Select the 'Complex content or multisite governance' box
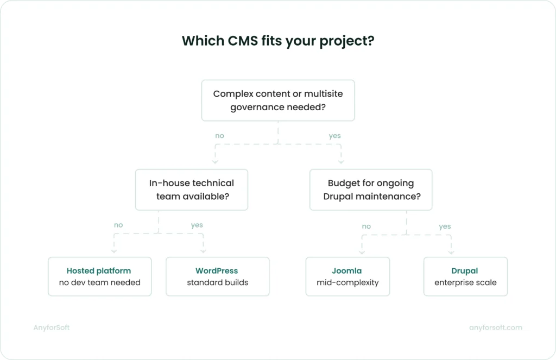click(x=277, y=100)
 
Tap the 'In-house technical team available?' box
click(x=191, y=190)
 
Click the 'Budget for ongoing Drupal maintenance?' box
click(x=371, y=190)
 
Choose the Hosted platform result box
click(x=99, y=276)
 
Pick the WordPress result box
click(x=217, y=276)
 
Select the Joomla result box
click(x=347, y=276)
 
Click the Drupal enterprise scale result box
click(x=465, y=276)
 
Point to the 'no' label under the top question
click(x=219, y=136)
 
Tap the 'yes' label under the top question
click(x=334, y=136)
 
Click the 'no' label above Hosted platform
click(x=118, y=224)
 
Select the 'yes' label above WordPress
click(x=197, y=224)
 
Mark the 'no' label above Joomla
click(x=367, y=226)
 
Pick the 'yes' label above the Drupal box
click(x=445, y=226)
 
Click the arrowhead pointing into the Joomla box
click(x=361, y=251)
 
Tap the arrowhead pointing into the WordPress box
click(x=203, y=251)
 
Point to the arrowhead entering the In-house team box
click(x=215, y=161)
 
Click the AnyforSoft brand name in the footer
click(x=51, y=327)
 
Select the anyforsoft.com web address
click(x=495, y=327)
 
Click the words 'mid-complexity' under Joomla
click(x=347, y=282)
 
